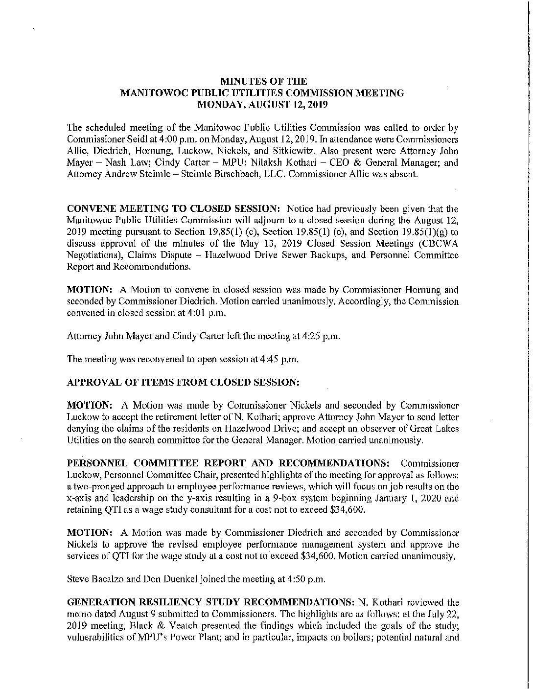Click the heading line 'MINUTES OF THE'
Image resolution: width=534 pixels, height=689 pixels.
[x=265, y=81]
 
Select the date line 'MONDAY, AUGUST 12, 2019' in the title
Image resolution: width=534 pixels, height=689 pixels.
[x=265, y=104]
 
